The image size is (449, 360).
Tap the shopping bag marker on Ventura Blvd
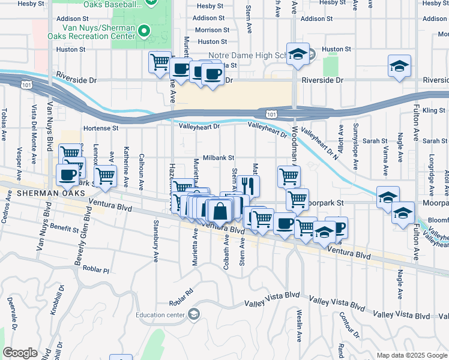[221, 211]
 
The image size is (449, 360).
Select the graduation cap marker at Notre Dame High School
[297, 55]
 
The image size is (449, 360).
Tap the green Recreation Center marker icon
[143, 30]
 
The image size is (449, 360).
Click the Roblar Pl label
[97, 271]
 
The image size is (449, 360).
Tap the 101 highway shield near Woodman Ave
[271, 113]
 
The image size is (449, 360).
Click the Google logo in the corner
[20, 353]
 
